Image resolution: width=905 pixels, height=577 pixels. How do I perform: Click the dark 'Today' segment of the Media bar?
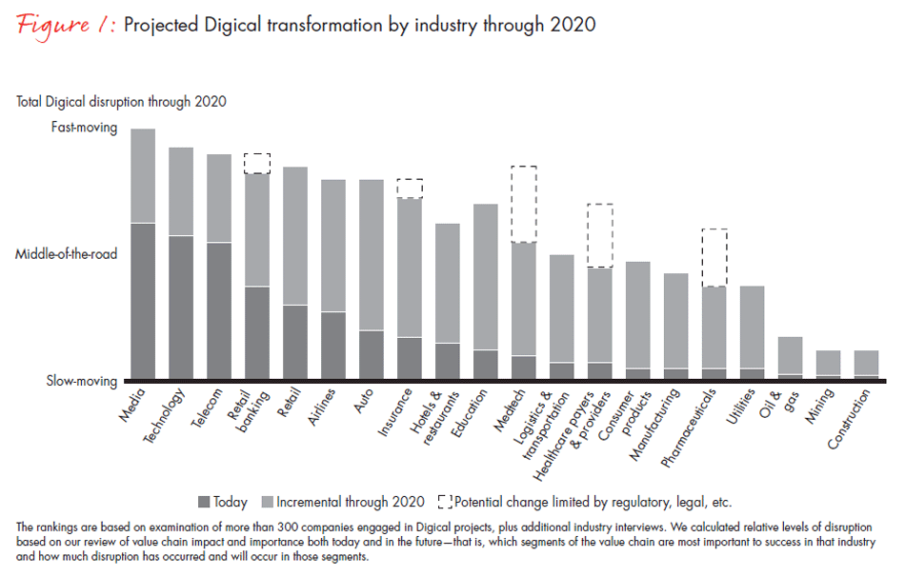(x=143, y=301)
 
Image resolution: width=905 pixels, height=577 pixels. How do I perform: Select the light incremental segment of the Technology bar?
(x=181, y=191)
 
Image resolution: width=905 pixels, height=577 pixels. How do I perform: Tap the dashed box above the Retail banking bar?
(x=257, y=164)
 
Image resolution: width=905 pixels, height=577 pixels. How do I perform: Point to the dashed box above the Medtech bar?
(x=524, y=205)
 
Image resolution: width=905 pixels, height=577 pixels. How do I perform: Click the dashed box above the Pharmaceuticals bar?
(x=714, y=257)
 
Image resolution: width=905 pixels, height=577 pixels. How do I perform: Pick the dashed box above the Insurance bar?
(x=410, y=189)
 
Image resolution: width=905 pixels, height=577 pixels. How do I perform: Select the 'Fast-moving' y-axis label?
(x=84, y=128)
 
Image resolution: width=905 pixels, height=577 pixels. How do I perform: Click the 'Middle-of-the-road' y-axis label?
(x=66, y=255)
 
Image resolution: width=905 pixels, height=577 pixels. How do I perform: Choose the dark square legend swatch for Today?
(x=203, y=501)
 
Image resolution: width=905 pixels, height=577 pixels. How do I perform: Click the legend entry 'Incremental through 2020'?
(x=341, y=501)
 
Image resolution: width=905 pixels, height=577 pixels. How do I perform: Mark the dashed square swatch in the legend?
(x=445, y=501)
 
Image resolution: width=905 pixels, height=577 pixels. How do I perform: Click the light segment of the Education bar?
(x=486, y=276)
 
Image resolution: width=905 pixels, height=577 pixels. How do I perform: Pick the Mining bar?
(x=829, y=365)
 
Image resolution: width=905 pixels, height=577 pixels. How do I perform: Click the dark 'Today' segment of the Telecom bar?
(x=219, y=310)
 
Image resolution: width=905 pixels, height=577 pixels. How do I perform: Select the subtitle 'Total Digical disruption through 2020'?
(x=121, y=101)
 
